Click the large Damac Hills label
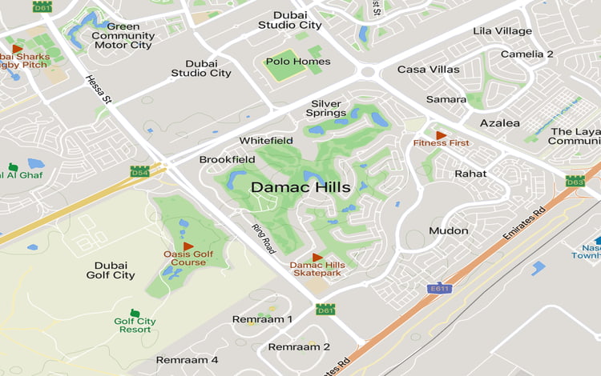(300, 187)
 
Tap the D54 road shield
(139, 171)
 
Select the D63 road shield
(575, 182)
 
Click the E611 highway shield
(438, 289)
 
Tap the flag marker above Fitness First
(440, 135)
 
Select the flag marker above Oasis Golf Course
(188, 246)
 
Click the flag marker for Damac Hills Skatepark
(317, 258)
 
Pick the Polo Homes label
(297, 62)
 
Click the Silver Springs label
(327, 108)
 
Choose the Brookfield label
(227, 159)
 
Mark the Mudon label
(449, 230)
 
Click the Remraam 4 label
(187, 360)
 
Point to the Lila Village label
(502, 31)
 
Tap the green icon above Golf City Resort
(135, 313)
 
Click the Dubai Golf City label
(111, 270)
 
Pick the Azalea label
(499, 123)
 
